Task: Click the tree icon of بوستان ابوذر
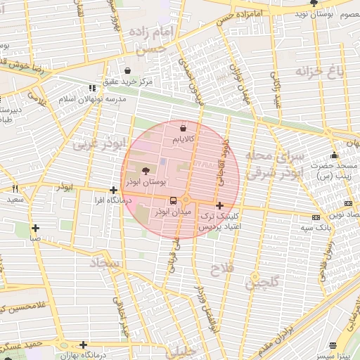146,170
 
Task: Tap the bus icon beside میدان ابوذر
174,200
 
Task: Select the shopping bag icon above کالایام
184,129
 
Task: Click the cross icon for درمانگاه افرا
113,190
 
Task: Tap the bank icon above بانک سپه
316,217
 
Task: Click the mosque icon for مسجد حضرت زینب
335,155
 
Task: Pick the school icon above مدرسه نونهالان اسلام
91,89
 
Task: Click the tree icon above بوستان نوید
314,4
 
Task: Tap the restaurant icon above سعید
15,189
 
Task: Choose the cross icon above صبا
35,227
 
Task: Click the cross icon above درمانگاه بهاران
84,345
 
